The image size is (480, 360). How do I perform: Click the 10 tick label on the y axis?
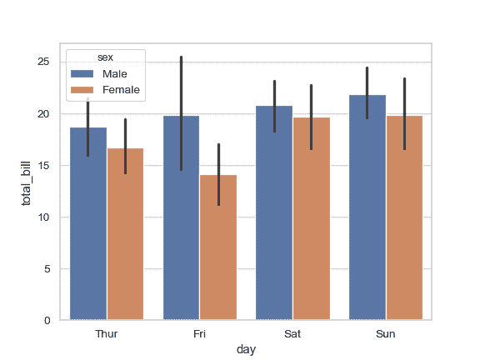tap(46, 217)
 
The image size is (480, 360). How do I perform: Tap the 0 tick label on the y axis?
tap(49, 321)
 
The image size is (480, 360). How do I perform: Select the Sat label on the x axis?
tap(292, 334)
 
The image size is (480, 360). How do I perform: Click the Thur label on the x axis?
tap(107, 334)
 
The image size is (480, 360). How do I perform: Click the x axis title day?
tap(246, 350)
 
